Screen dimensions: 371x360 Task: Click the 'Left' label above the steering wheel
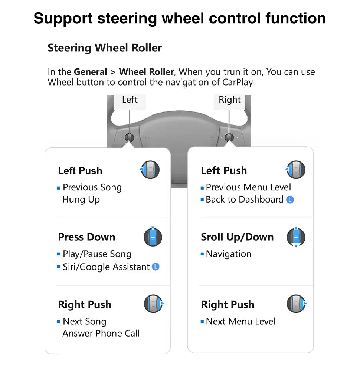tap(130, 100)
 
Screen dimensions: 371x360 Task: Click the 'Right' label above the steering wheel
tap(229, 100)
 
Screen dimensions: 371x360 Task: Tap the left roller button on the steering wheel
tap(130, 137)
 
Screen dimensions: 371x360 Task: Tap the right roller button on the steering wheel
tap(229, 137)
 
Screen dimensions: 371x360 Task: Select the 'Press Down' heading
tap(86, 237)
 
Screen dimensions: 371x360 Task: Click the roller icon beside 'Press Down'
tap(153, 237)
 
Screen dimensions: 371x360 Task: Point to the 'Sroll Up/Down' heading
tap(237, 237)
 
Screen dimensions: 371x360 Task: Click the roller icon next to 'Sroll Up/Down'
tap(296, 237)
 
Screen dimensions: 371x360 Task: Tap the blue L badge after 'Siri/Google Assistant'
tap(156, 267)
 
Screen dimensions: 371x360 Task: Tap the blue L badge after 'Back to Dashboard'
tap(290, 200)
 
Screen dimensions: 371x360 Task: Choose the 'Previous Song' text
tap(92, 187)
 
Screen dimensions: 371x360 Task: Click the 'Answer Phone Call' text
tap(101, 333)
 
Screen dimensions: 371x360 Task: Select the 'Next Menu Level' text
tap(240, 321)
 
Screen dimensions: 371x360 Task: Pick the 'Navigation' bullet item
tap(228, 254)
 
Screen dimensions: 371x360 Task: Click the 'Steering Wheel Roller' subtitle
tap(105, 48)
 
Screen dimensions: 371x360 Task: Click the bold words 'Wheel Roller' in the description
tap(146, 72)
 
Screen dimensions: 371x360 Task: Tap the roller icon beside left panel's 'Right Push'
tap(153, 304)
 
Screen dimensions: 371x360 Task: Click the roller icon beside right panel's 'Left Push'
tap(295, 170)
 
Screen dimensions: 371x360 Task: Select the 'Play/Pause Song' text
tap(97, 254)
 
